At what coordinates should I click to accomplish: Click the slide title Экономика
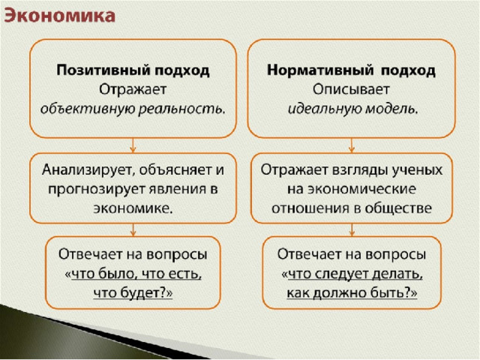tap(60, 16)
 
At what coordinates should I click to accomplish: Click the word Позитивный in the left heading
tap(103, 70)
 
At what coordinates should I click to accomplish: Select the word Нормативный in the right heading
tap(320, 70)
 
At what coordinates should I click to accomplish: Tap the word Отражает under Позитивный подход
tap(133, 90)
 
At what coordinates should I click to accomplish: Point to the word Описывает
tap(351, 90)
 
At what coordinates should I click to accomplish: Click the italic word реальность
tap(181, 109)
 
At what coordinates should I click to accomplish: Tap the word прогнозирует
tap(97, 190)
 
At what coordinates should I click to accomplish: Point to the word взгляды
tap(358, 170)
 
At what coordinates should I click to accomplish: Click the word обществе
tap(398, 208)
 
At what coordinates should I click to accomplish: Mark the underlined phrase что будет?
tap(133, 293)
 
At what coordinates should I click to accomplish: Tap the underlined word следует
tap(341, 274)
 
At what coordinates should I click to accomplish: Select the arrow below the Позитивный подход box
tap(133, 145)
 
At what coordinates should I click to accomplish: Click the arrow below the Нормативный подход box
tap(352, 145)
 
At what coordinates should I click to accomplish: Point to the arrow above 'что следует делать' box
tap(352, 229)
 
